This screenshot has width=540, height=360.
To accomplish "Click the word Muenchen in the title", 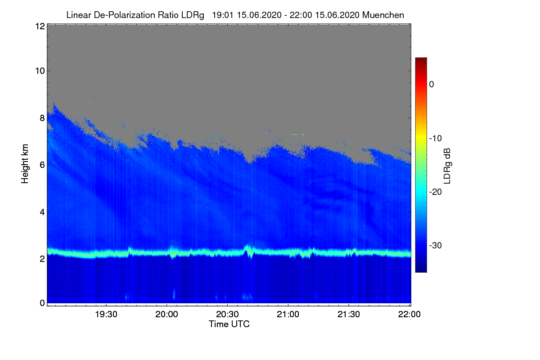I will click(x=383, y=15).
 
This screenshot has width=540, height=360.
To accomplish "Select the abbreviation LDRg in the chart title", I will click(x=193, y=15).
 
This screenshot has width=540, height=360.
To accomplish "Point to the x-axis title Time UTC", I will click(x=229, y=324).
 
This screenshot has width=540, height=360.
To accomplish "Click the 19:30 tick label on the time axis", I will click(x=106, y=315).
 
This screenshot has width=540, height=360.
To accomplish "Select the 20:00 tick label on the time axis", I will click(x=167, y=315).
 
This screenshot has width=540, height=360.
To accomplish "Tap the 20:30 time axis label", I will click(x=228, y=315).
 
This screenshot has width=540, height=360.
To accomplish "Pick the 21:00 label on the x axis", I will click(x=288, y=315).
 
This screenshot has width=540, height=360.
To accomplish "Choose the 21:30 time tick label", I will click(x=349, y=315).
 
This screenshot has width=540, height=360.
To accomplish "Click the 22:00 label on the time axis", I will click(x=409, y=315).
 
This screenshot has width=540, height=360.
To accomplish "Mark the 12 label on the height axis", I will click(x=39, y=26).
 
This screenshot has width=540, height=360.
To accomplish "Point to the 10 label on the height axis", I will click(x=39, y=71).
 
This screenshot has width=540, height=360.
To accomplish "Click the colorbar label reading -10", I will click(x=436, y=138).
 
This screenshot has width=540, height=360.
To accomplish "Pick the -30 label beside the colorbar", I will click(x=436, y=246).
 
